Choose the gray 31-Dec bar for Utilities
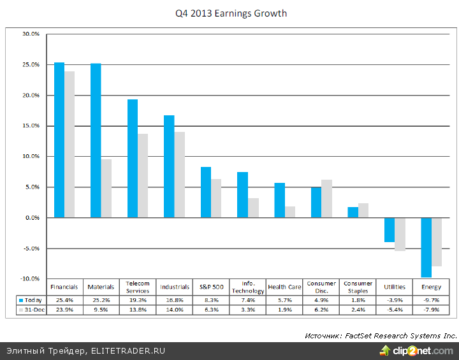[400, 234]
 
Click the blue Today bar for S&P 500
[206, 192]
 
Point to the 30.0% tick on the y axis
[31, 34]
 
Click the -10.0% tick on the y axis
[30, 278]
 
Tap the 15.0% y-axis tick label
[31, 95]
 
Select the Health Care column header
[284, 287]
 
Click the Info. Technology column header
[248, 287]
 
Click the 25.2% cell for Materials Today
[101, 299]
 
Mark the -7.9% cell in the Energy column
[431, 309]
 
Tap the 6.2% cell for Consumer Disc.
[321, 309]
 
